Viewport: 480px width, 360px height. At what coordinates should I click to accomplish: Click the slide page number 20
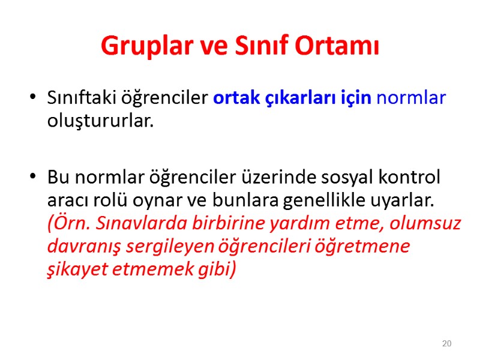(x=446, y=344)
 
